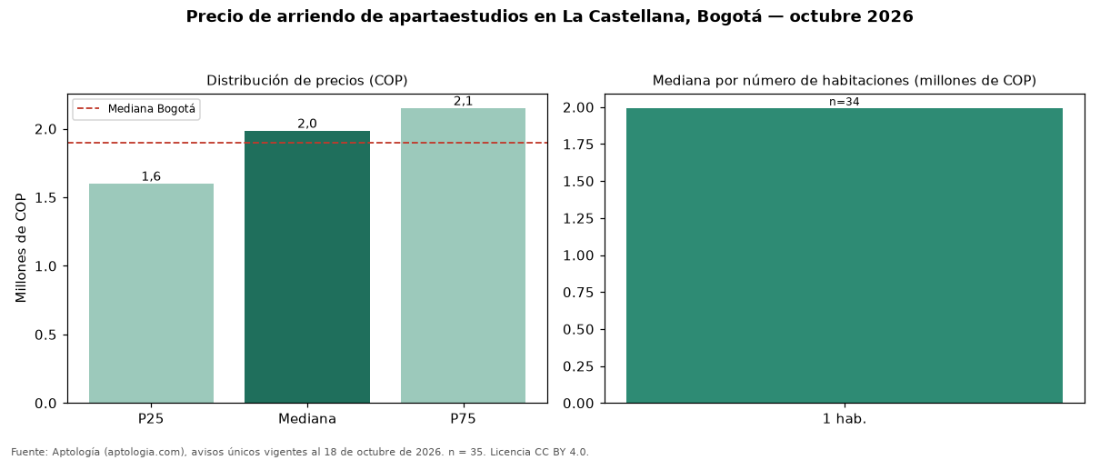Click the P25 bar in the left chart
[151, 294]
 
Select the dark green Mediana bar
[307, 267]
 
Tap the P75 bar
[463, 255]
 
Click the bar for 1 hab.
[845, 255]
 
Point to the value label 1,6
[151, 176]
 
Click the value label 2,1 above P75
[463, 101]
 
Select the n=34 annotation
[845, 102]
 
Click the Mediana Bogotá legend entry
[136, 109]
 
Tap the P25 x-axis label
[151, 419]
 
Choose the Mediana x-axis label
[307, 419]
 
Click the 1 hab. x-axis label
[845, 419]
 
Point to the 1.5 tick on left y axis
[45, 198]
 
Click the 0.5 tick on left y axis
[45, 335]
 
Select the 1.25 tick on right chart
[578, 218]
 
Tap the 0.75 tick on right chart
[578, 293]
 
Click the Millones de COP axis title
[21, 248]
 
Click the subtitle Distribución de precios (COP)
[307, 81]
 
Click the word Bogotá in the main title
[730, 16]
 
